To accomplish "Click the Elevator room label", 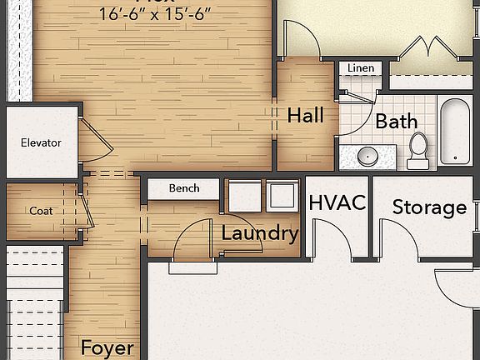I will pos(41,142).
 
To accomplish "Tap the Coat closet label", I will pos(41,211).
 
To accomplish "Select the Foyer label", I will pos(107,347).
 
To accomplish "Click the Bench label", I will pos(184,188).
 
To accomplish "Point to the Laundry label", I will pos(259,233).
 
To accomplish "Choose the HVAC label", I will pos(337,203).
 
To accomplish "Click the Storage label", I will pos(429,207).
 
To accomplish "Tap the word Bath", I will pos(396,122).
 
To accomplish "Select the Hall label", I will pos(305,116).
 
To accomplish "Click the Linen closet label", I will pos(361,68).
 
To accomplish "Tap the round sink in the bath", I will pos(367,156).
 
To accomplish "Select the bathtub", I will pos(455,132).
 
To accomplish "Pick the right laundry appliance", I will pos(282,196).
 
